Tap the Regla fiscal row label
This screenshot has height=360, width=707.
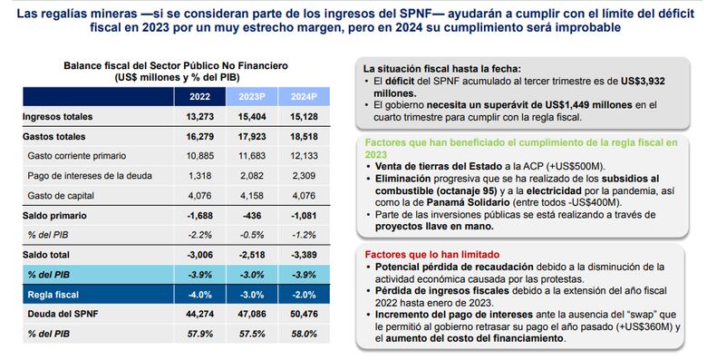point(46,295)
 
